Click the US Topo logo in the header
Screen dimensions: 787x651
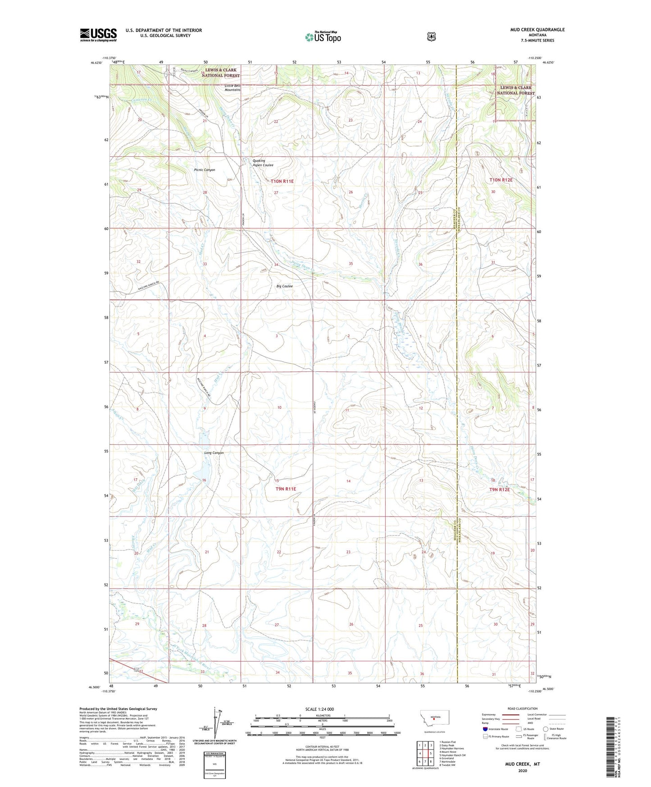[x=323, y=37]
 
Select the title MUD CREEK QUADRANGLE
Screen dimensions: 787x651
[x=537, y=30]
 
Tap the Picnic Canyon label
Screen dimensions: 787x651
[x=205, y=170]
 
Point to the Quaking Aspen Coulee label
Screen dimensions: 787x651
[x=263, y=163]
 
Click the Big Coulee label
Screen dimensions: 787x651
[x=284, y=286]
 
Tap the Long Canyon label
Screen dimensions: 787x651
[x=214, y=453]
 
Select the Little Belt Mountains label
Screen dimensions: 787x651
[x=232, y=87]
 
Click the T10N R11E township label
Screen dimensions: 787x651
[x=282, y=181]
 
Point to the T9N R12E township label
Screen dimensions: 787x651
[x=499, y=490]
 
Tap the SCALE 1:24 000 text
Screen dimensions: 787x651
[x=319, y=709]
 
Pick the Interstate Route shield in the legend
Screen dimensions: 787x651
[x=485, y=729]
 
